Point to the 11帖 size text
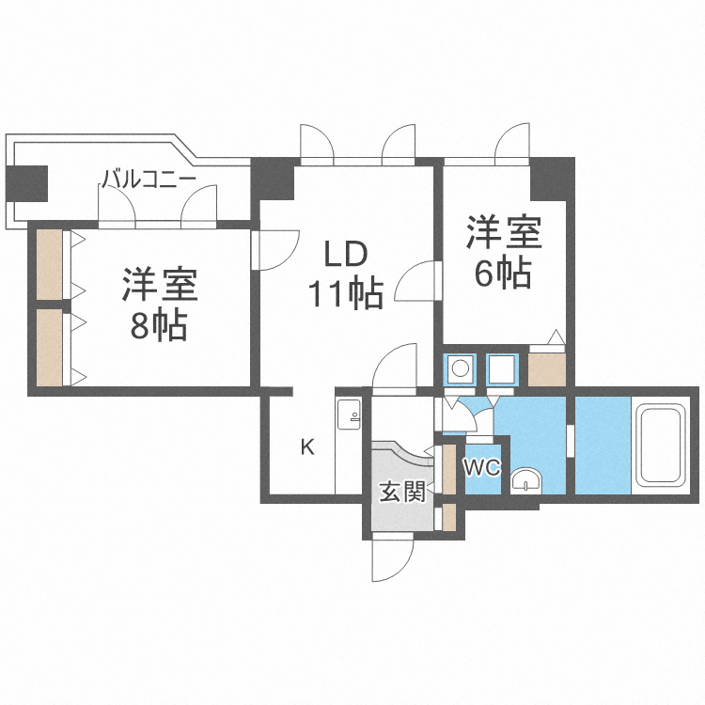click(x=345, y=294)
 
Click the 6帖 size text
click(x=502, y=273)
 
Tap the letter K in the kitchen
click(x=307, y=446)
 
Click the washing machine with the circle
click(x=461, y=369)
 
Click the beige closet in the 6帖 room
click(x=547, y=368)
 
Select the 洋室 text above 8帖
click(x=158, y=285)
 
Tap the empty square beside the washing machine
click(x=501, y=369)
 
